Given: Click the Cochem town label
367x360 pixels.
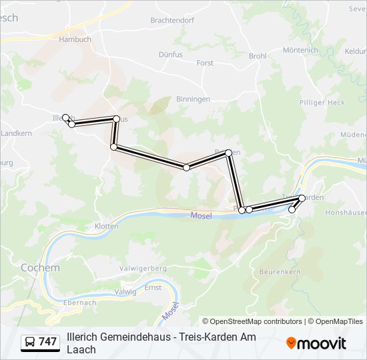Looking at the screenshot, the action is pos(40,267).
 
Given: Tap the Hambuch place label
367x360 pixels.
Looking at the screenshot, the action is pos(74,39).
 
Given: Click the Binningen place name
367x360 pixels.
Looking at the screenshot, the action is pos(193,99).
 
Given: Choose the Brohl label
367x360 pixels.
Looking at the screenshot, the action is pos(258,56).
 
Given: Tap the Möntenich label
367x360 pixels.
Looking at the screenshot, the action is pos(300,50).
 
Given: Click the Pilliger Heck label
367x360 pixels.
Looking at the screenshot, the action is pos(322,103).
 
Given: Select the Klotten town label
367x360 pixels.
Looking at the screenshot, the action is pos(106,226).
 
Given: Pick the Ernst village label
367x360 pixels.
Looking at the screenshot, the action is pos(153,287).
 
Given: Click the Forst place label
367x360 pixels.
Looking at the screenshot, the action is pos(205,63).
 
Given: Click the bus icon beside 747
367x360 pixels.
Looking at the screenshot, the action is pos(30,342).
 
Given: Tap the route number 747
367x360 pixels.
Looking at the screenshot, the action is pos(47,342).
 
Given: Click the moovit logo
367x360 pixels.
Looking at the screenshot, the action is pos(316,343).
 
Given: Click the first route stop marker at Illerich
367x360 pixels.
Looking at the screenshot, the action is pos(65,117).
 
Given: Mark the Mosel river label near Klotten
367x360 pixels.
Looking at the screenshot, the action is pos(201,215).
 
